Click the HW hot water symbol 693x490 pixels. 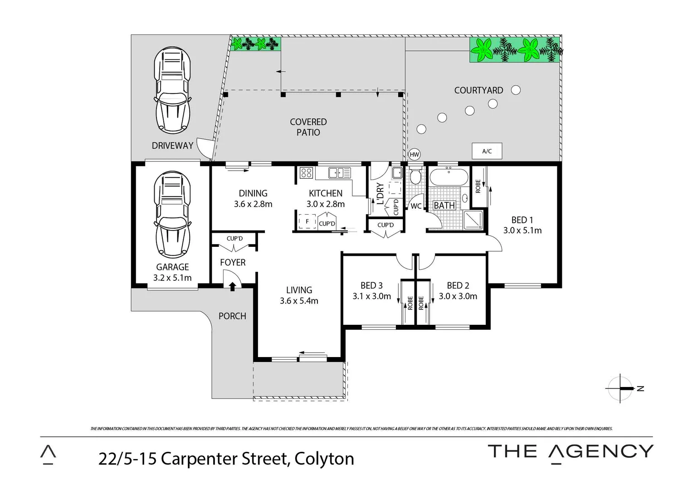click(x=414, y=154)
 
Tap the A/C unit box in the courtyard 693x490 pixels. click(x=487, y=151)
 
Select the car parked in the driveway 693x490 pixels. click(x=172, y=89)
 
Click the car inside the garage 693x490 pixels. click(x=172, y=214)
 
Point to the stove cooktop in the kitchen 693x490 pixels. click(x=307, y=173)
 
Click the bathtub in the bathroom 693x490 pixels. click(x=448, y=176)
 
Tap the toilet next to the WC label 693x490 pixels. click(x=415, y=176)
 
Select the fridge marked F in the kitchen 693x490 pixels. click(x=307, y=221)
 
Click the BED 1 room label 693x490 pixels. click(x=519, y=220)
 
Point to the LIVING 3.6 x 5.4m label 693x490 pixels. click(x=299, y=295)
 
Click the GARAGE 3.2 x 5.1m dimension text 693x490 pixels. click(x=172, y=278)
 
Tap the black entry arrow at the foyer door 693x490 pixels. click(x=233, y=286)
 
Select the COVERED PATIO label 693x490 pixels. click(x=308, y=127)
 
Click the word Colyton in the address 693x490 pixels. click(x=324, y=459)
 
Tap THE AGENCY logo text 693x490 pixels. click(x=570, y=451)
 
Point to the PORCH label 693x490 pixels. click(x=232, y=316)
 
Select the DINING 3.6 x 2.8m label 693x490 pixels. click(x=253, y=199)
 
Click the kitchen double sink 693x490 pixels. click(x=340, y=172)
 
